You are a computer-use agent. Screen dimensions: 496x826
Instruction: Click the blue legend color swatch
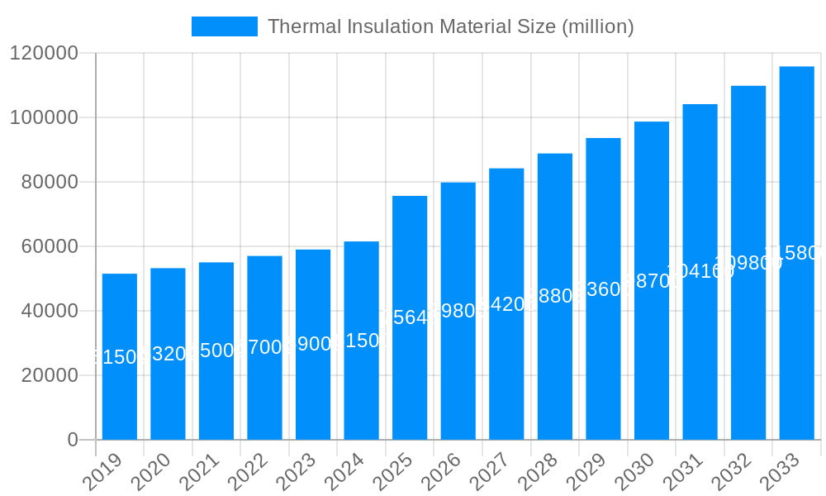click(225, 26)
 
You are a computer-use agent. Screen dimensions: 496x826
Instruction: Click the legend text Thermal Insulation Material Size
click(451, 26)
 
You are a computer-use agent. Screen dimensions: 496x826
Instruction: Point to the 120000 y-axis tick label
click(44, 54)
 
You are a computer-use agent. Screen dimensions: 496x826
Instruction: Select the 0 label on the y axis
click(73, 440)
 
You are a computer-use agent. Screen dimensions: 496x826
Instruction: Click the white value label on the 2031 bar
click(700, 271)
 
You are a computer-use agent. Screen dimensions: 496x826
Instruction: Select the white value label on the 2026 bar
click(458, 311)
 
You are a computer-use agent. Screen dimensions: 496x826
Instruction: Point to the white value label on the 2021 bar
click(216, 351)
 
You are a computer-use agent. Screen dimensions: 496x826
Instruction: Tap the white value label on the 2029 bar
click(603, 289)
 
